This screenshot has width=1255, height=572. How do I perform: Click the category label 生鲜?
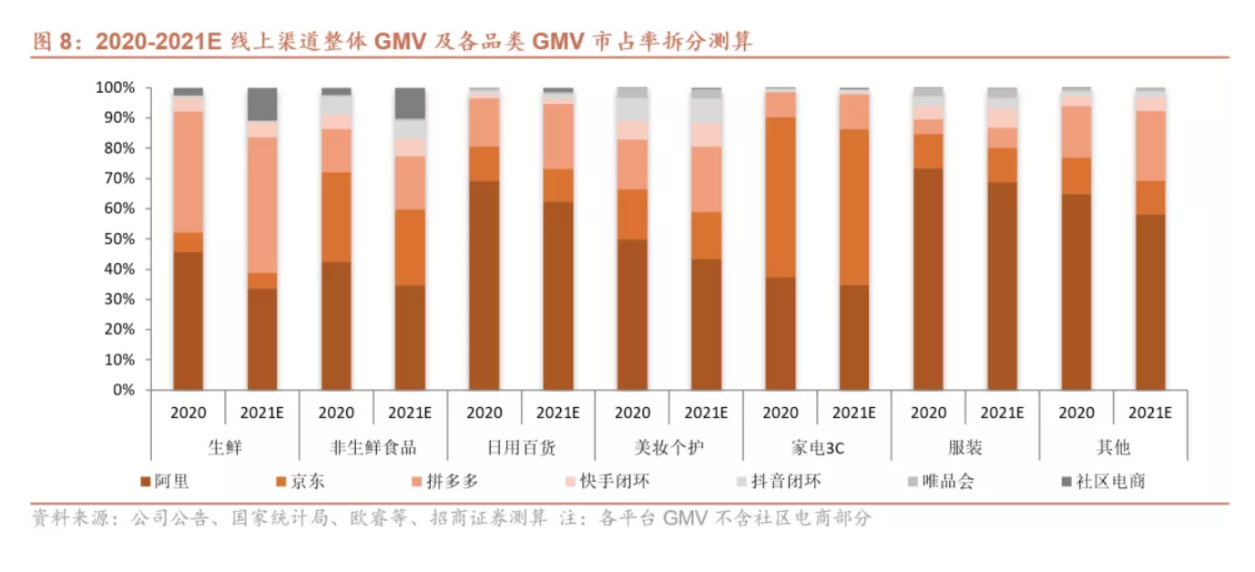225,447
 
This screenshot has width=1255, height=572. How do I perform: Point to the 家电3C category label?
817,447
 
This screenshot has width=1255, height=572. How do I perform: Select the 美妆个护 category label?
668,447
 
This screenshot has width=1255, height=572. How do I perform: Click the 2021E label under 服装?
1003,413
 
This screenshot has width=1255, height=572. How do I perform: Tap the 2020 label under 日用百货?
485,413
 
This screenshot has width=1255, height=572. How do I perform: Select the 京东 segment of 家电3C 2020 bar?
781,197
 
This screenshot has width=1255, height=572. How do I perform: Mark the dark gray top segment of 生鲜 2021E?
262,104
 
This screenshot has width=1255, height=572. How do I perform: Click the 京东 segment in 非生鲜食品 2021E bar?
411,248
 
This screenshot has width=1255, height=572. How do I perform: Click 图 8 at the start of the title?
49,42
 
